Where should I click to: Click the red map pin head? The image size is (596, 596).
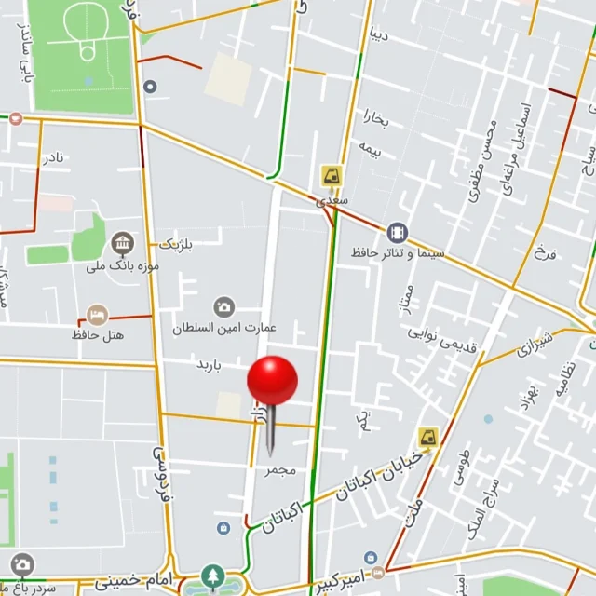coord(272,380)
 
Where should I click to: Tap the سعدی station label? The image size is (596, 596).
coord(332,199)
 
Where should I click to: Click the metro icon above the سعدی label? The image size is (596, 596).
coord(331,175)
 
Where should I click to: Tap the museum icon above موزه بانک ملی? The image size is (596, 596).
coord(122,245)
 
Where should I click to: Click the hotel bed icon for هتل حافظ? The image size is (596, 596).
coord(96,314)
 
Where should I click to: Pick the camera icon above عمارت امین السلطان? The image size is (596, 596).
coord(223,307)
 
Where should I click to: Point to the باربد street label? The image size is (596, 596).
coord(209,364)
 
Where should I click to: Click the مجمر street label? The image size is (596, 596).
coord(279,470)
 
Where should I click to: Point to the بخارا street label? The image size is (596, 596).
coord(372,121)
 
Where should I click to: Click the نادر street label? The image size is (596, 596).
coord(53,156)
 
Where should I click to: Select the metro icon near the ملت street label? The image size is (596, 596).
coord(427,436)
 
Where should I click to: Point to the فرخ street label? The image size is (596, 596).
coord(543,252)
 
